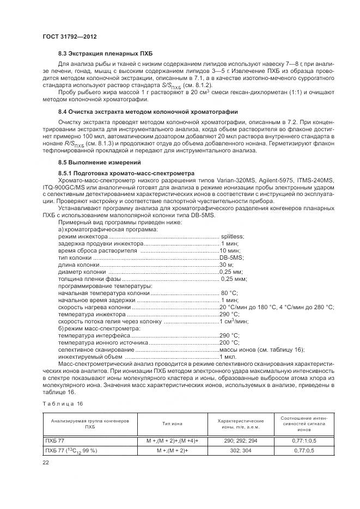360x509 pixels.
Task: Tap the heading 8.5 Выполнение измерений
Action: pyautogui.click(x=100, y=163)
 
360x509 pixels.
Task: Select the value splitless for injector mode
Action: pyautogui.click(x=233, y=236)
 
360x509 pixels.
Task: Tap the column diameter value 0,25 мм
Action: pyautogui.click(x=231, y=272)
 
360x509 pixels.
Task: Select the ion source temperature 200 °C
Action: pyautogui.click(x=229, y=342)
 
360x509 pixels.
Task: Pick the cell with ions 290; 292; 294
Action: pyautogui.click(x=241, y=440)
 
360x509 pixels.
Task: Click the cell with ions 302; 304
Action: pyautogui.click(x=241, y=451)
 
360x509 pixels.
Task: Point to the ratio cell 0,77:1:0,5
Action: pyautogui.click(x=302, y=440)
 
